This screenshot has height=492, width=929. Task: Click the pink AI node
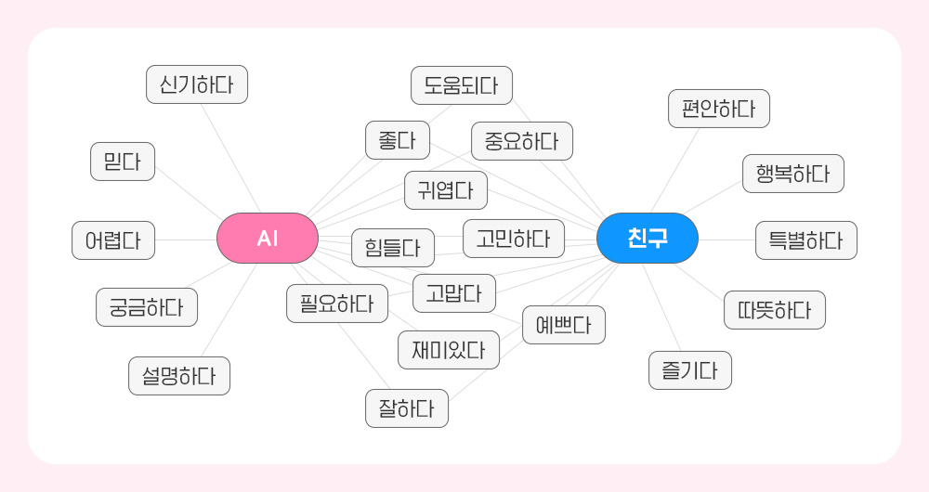268,239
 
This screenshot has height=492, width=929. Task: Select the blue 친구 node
647,239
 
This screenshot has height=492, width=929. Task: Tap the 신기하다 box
197,85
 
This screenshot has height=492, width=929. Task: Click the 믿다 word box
123,162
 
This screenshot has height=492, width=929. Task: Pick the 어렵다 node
113,240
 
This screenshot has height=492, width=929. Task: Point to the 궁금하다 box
147,307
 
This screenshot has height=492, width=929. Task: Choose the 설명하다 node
179,376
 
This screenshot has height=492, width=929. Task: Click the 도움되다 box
462,85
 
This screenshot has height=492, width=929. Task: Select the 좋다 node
397,140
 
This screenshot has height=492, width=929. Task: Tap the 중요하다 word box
521,141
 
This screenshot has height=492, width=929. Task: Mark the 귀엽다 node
446,190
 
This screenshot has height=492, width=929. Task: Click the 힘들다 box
393,248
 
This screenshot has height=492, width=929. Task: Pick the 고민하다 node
513,239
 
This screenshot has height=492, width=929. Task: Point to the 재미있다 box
449,350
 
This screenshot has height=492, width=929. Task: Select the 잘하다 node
407,408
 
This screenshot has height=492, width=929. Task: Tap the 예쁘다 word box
564,325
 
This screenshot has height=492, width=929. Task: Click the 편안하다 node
719,109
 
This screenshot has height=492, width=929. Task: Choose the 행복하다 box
793,174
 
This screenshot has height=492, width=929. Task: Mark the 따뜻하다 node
775,310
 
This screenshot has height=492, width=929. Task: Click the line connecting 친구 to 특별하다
726,240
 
